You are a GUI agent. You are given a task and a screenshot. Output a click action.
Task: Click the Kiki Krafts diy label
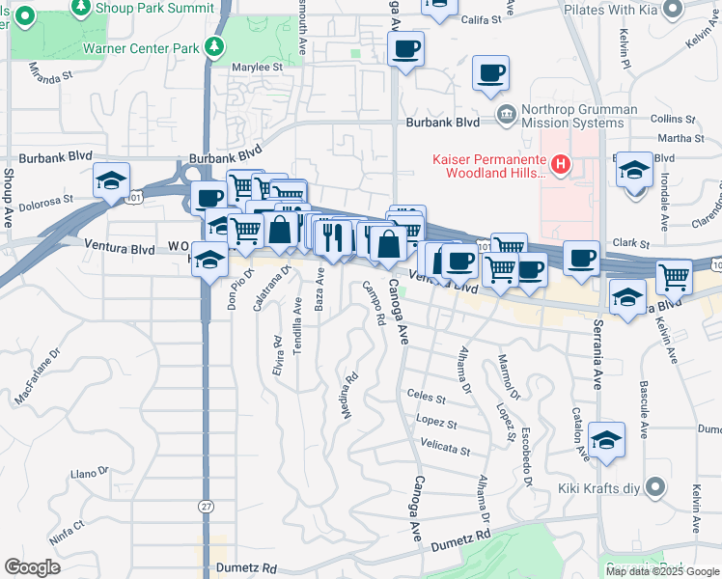[x=598, y=487]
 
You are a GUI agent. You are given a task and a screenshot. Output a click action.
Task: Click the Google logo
[x=33, y=567]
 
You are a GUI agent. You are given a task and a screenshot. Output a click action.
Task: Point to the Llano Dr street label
[x=91, y=474]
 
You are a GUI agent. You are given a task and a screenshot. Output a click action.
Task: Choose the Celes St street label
[x=427, y=397]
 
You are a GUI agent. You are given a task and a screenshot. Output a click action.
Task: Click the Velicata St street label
[x=445, y=450]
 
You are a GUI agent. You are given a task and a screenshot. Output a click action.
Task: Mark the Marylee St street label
[x=257, y=68]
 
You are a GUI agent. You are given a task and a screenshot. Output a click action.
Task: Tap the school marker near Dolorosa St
[x=111, y=180]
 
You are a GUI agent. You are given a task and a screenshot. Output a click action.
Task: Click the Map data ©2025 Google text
[x=661, y=570]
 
